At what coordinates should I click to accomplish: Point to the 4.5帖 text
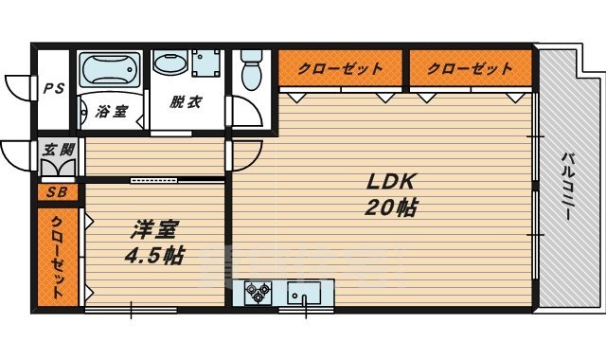153,255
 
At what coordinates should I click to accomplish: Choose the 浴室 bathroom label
112,112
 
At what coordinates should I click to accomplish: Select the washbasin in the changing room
170,64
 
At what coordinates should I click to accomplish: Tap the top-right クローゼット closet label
470,69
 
